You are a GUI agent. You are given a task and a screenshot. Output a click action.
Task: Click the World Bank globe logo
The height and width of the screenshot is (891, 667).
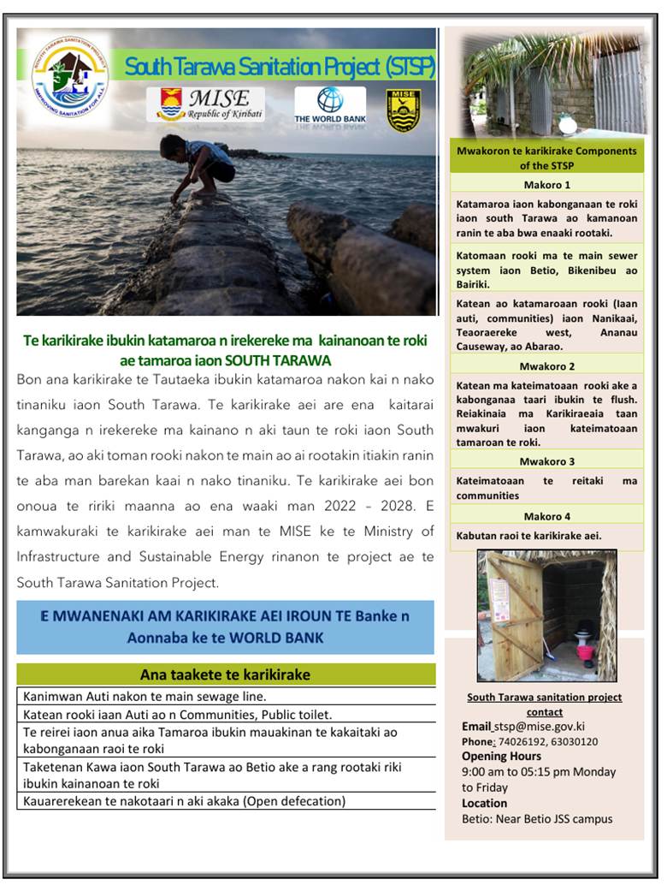point(329,100)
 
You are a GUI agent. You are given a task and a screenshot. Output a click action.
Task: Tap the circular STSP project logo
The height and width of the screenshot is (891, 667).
point(69,76)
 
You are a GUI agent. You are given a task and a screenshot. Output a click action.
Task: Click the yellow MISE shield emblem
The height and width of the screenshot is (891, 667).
point(403,110)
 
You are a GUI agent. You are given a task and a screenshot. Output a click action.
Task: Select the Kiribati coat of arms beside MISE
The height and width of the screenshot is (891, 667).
point(170,104)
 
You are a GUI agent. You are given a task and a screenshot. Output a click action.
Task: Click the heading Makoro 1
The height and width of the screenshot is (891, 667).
point(546,185)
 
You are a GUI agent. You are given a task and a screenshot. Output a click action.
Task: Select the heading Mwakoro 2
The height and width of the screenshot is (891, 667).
point(546,365)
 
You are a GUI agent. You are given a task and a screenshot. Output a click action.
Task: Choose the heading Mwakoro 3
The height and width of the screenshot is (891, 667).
point(546,461)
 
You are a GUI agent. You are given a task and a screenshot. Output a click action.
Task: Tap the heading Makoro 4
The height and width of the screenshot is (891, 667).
point(546,516)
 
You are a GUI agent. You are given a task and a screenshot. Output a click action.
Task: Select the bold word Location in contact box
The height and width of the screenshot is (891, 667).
point(484,803)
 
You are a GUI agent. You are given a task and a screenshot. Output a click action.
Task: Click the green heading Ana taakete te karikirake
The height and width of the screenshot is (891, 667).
point(225,674)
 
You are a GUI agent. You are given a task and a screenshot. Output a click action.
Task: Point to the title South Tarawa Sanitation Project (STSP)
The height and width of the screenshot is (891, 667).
point(280,67)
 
